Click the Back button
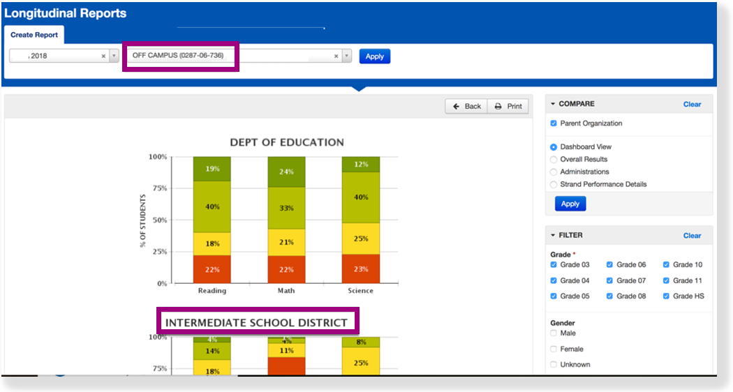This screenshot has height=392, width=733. click(x=466, y=106)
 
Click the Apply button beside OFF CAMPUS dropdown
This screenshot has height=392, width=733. click(x=375, y=56)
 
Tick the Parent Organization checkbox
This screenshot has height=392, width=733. click(x=554, y=123)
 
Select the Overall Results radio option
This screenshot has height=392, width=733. click(x=554, y=160)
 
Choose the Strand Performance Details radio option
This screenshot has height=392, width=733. click(x=554, y=185)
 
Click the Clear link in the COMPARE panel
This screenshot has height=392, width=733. click(x=692, y=105)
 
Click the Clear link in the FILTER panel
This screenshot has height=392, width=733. click(x=692, y=236)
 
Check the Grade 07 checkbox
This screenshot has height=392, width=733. click(x=610, y=280)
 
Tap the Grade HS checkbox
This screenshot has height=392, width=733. click(x=667, y=296)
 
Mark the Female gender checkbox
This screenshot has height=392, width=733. click(x=554, y=349)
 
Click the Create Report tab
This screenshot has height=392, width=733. click(x=34, y=35)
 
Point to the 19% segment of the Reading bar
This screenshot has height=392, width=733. click(x=212, y=169)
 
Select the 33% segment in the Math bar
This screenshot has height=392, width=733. click(x=286, y=208)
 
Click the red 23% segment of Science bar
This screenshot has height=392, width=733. click(x=360, y=269)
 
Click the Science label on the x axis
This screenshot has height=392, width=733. click(x=360, y=291)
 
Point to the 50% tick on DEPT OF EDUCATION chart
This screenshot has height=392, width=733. click(x=158, y=220)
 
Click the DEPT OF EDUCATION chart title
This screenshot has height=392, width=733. click(x=287, y=142)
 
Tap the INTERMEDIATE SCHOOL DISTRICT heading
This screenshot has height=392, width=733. click(x=256, y=322)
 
